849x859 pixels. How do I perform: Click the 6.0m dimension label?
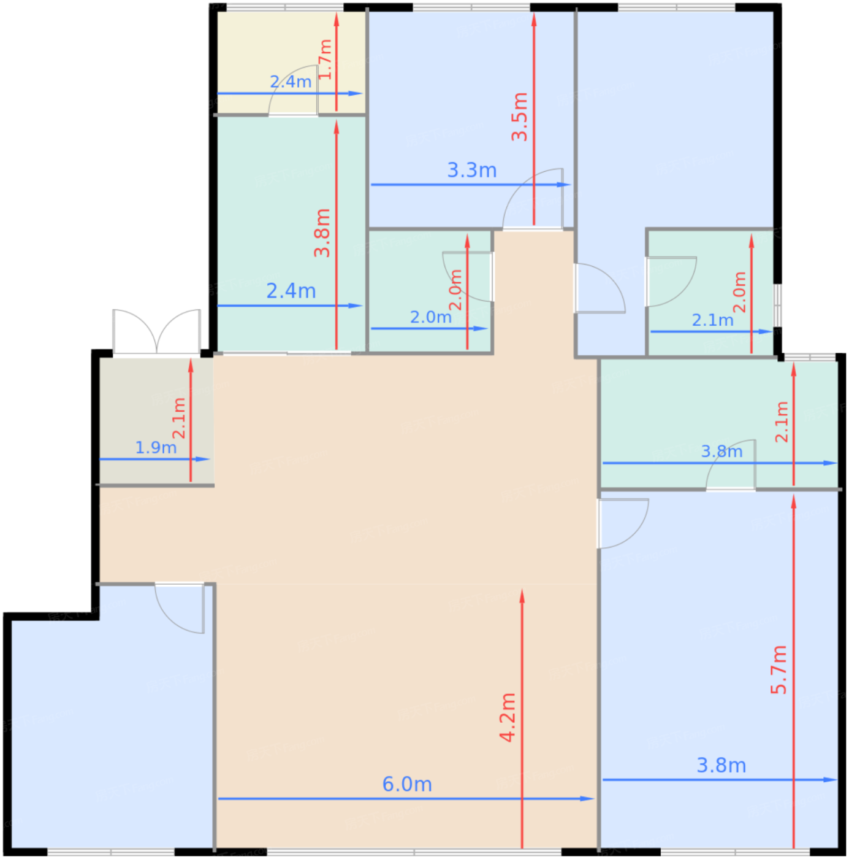[407, 784]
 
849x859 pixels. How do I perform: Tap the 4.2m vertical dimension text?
[508, 718]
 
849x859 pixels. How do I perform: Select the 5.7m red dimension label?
[779, 670]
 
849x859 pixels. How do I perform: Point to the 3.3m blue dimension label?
[471, 170]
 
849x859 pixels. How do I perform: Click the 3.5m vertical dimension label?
[520, 117]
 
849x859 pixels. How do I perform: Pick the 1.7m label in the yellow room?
[326, 59]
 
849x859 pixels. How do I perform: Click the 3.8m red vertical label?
[322, 233]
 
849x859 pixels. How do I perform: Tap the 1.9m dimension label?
[156, 448]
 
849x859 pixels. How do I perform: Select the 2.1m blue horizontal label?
[712, 320]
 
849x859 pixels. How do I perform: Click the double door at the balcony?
[157, 331]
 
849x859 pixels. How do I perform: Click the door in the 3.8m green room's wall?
[731, 466]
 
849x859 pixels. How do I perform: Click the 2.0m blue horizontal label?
[430, 317]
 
